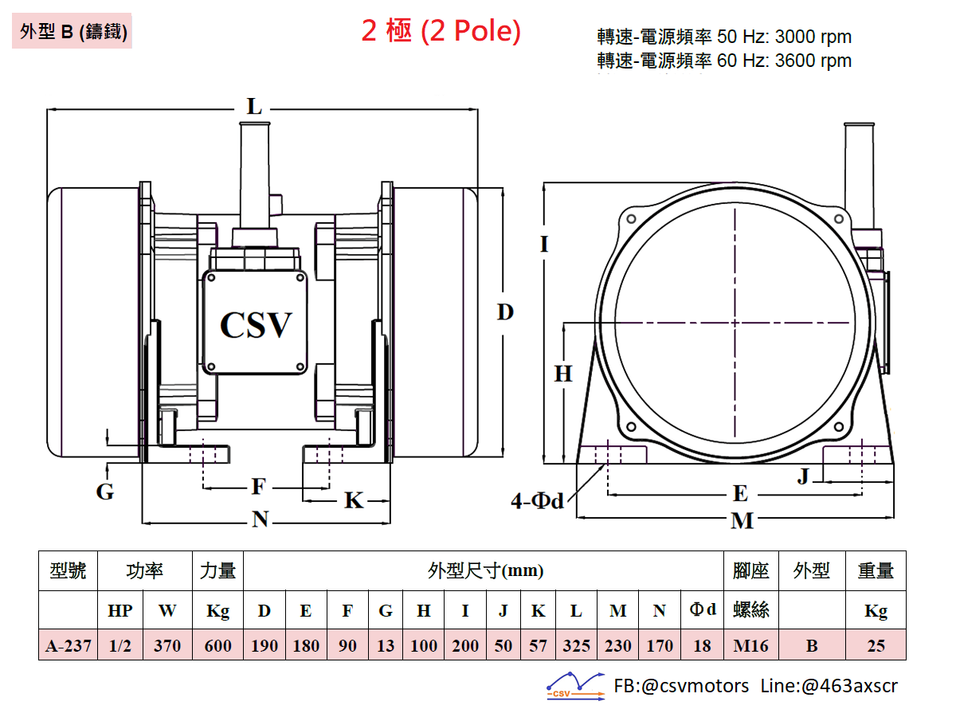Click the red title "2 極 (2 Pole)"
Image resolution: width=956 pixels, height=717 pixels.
tap(441, 31)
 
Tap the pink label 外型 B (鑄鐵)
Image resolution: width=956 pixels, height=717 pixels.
tap(72, 31)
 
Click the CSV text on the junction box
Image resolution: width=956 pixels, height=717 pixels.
tap(256, 325)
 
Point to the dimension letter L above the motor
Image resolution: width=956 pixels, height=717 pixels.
tap(254, 106)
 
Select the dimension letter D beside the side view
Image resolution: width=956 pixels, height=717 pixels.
tap(505, 311)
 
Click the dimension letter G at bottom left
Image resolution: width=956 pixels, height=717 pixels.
tap(105, 492)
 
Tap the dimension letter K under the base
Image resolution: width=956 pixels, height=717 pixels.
tap(354, 500)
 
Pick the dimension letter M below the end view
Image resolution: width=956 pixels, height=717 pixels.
tap(742, 520)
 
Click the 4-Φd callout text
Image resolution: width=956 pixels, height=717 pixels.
tap(537, 500)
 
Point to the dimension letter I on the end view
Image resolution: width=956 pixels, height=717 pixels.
tap(544, 244)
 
